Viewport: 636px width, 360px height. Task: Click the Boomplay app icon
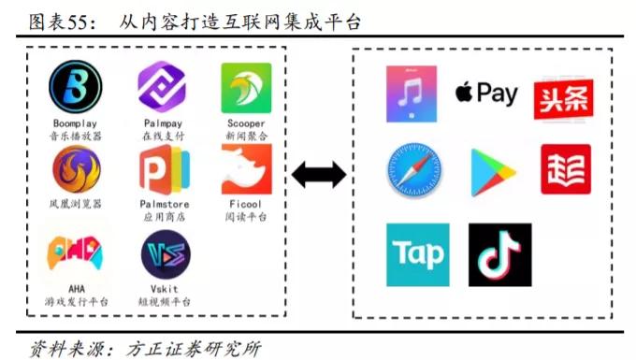75,88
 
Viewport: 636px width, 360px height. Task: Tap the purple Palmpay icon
162,88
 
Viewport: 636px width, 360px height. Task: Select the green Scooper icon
245,88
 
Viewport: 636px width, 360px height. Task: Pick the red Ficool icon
245,169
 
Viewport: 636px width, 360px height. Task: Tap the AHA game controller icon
76,252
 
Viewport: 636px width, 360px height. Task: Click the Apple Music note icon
412,94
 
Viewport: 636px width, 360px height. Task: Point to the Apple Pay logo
486,93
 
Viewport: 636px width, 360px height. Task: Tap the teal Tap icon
417,254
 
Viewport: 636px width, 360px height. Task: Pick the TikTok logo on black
499,254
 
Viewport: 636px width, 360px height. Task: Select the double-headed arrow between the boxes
319,174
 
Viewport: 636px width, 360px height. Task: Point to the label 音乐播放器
76,137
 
